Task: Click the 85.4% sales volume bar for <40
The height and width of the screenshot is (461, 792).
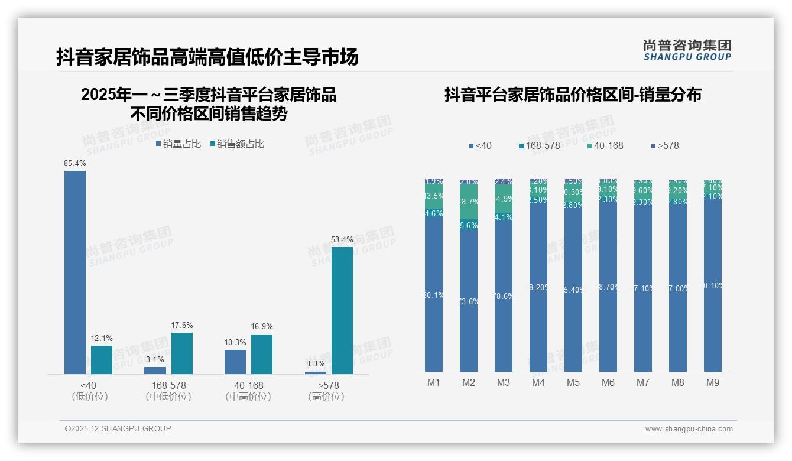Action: [x=75, y=272]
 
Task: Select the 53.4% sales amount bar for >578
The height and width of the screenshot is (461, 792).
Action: [x=342, y=310]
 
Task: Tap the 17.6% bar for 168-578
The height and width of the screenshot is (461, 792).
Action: [x=182, y=353]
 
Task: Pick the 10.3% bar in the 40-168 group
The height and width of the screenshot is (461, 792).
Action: [x=235, y=362]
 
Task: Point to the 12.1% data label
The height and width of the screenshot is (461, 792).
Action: [x=102, y=339]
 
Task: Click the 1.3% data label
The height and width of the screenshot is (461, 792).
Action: [x=316, y=363]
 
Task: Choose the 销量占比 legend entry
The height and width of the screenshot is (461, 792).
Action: [x=178, y=144]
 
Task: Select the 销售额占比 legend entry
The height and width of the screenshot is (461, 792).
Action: [x=237, y=144]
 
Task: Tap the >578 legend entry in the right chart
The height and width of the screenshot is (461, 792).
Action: [x=665, y=145]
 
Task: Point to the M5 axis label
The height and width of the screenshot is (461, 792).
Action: [x=573, y=382]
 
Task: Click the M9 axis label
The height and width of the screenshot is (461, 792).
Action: [x=713, y=382]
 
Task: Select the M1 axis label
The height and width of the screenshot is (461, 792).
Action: [x=434, y=382]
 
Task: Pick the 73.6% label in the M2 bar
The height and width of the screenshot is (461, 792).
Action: [x=469, y=301]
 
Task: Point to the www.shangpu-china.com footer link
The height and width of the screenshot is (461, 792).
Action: [x=689, y=429]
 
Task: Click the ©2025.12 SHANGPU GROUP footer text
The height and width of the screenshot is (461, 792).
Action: [x=118, y=428]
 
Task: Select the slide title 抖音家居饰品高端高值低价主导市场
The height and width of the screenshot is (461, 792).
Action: [x=207, y=57]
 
